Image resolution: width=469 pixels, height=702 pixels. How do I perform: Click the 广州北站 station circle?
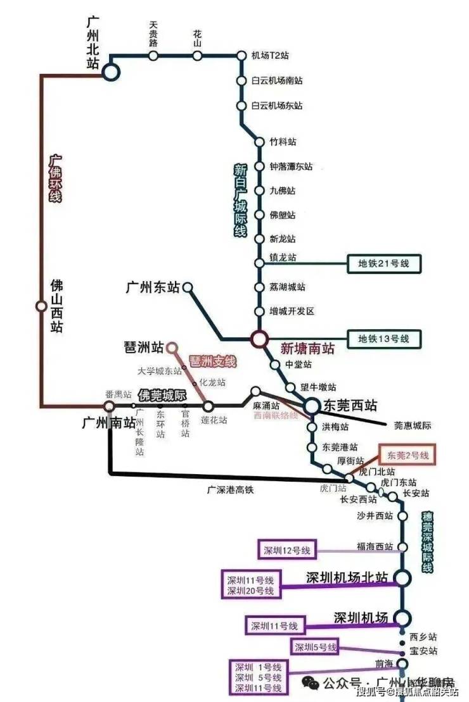pyautogui.click(x=111, y=72)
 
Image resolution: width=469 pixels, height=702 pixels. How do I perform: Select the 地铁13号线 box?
pyautogui.click(x=384, y=339)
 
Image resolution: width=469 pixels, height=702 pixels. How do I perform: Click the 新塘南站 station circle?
pyautogui.click(x=259, y=339)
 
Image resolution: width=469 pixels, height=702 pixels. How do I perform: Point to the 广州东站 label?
pyautogui.click(x=152, y=288)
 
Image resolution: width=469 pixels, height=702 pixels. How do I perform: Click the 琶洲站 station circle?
pyautogui.click(x=171, y=347)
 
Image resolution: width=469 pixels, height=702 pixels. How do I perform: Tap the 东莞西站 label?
pyautogui.click(x=349, y=406)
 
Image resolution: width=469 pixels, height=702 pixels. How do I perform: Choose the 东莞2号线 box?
pyautogui.click(x=408, y=456)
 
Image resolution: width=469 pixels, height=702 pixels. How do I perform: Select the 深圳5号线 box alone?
pyautogui.click(x=315, y=647)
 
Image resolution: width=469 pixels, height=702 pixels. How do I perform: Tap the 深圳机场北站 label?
pyautogui.click(x=346, y=577)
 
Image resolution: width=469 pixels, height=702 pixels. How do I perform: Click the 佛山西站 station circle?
pyautogui.click(x=41, y=306)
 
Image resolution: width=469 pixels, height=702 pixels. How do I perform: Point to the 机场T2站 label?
pyautogui.click(x=270, y=56)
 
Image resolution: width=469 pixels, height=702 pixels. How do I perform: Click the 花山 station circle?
pyautogui.click(x=198, y=56)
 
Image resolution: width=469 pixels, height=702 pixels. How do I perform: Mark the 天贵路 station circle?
pyautogui.click(x=153, y=56)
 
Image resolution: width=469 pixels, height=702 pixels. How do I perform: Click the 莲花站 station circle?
pyautogui.click(x=208, y=406)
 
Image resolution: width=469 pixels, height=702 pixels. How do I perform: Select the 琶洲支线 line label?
pyautogui.click(x=213, y=361)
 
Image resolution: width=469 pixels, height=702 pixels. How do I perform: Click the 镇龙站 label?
pyautogui.click(x=283, y=258)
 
